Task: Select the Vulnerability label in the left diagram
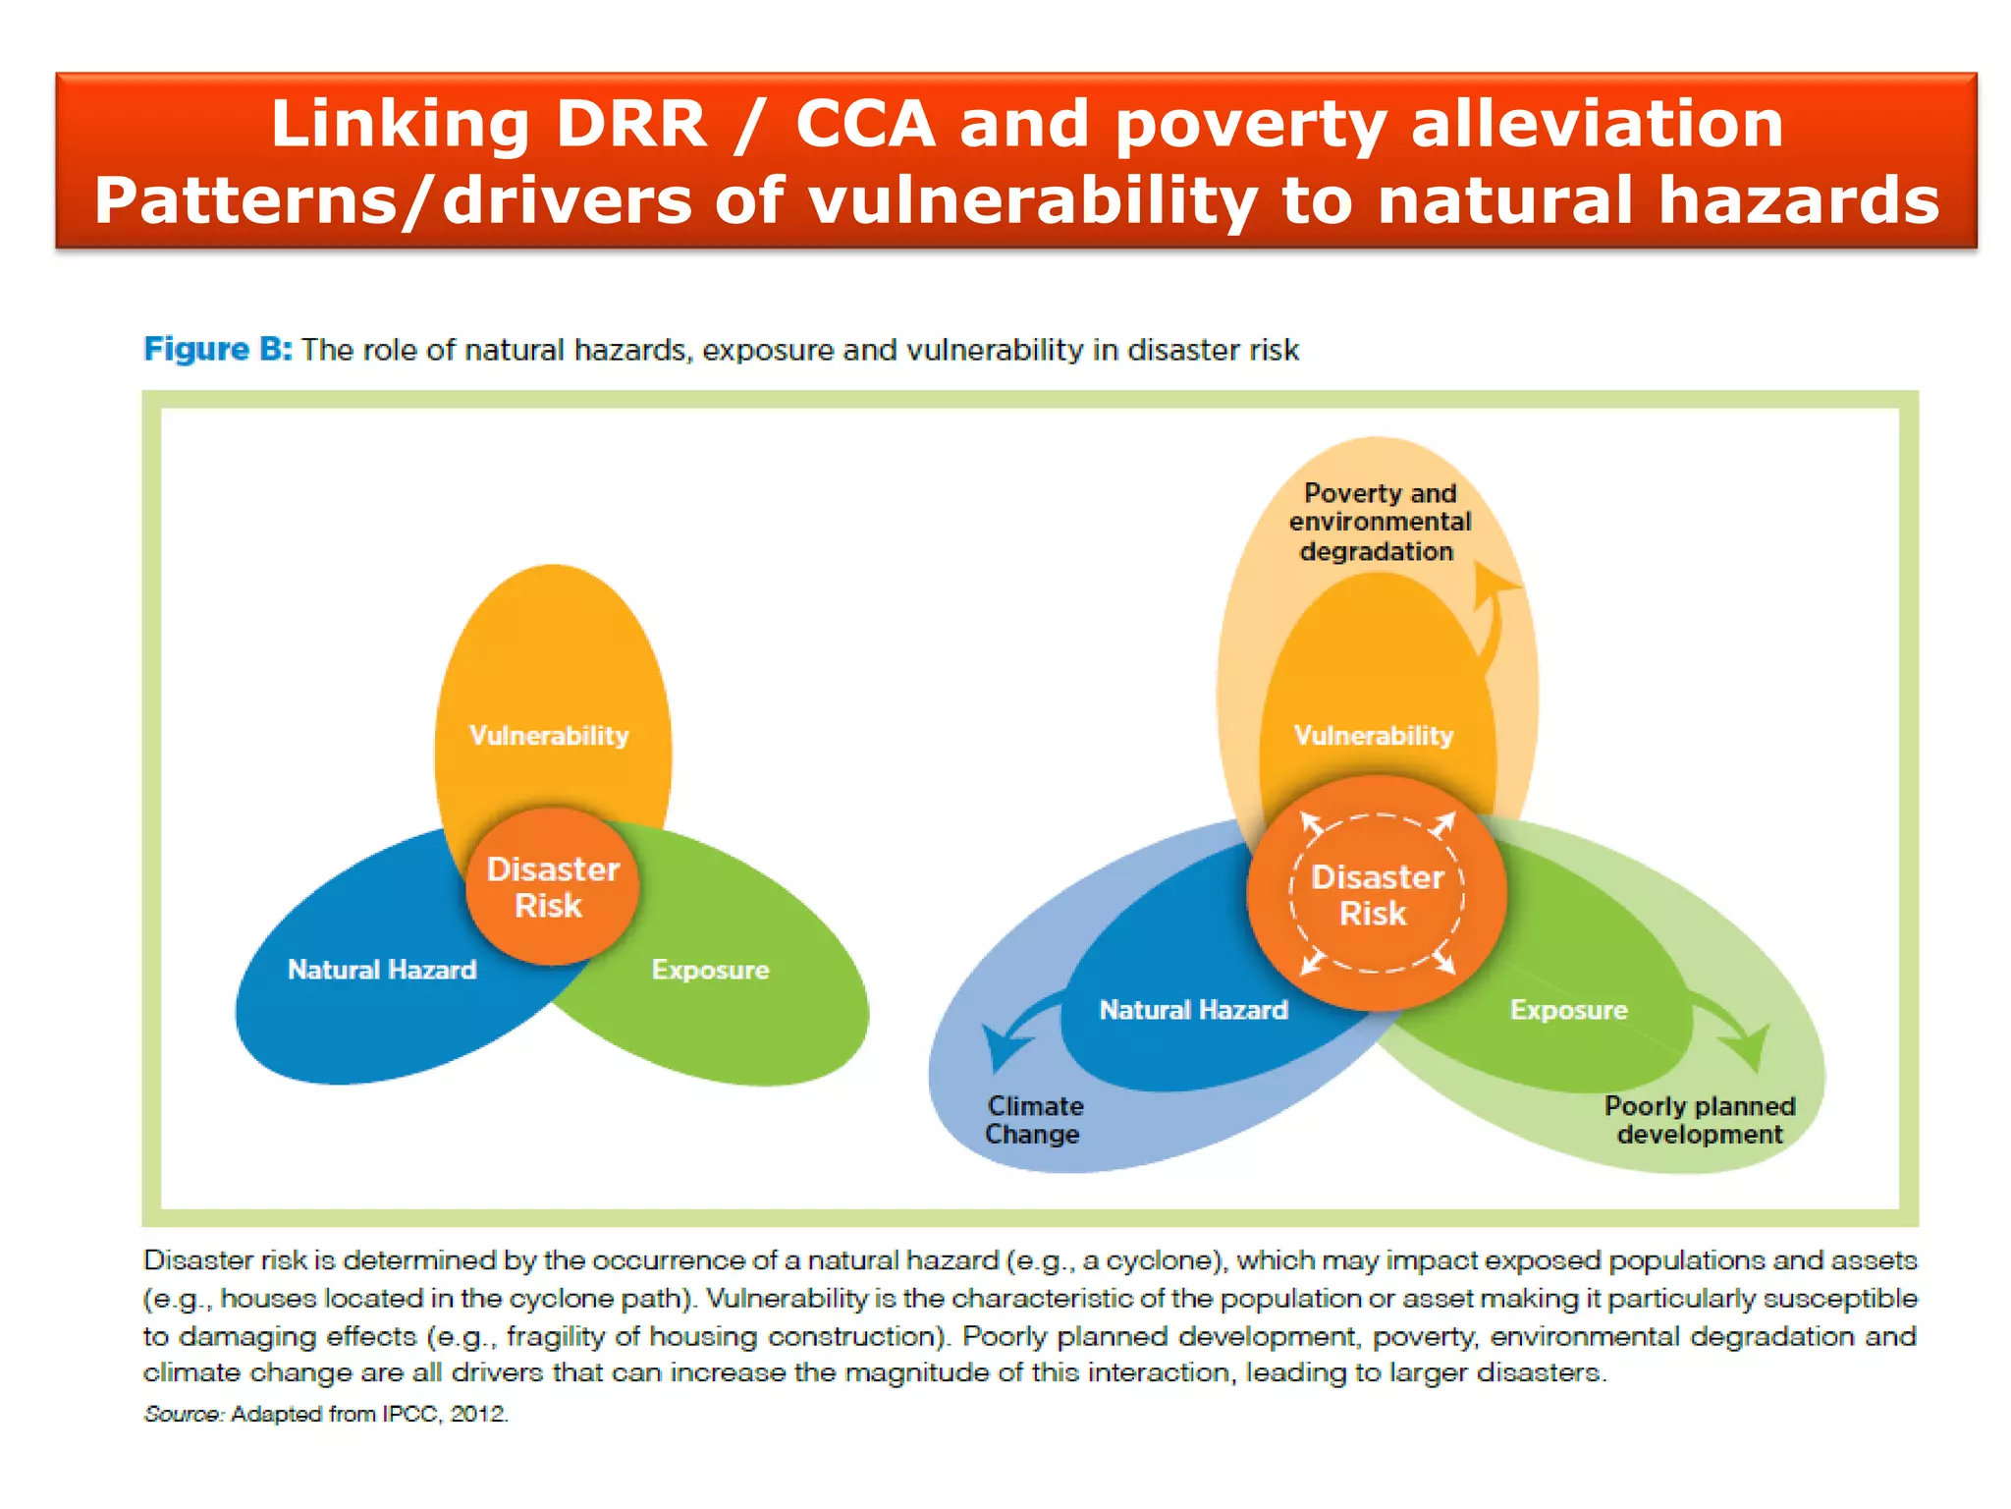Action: point(549,735)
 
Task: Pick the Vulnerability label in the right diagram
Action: point(1373,735)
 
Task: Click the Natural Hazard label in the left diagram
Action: point(382,970)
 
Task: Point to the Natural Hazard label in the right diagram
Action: point(1193,1010)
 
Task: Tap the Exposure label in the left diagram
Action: point(710,970)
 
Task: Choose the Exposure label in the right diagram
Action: point(1568,1010)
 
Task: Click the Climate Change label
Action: point(1034,1120)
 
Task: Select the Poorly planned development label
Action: point(1700,1120)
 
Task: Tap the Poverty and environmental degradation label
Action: point(1379,522)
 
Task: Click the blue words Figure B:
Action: point(217,350)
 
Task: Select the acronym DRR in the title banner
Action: point(630,125)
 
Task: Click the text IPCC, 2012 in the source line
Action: point(444,1414)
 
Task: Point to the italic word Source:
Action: point(184,1414)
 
